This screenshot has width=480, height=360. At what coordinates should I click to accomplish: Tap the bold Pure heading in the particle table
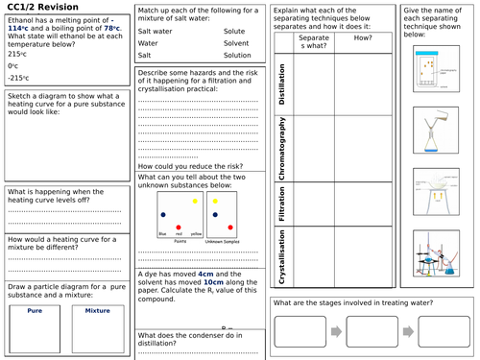pos(35,311)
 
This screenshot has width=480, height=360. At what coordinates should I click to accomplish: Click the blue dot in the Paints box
pos(163,213)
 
